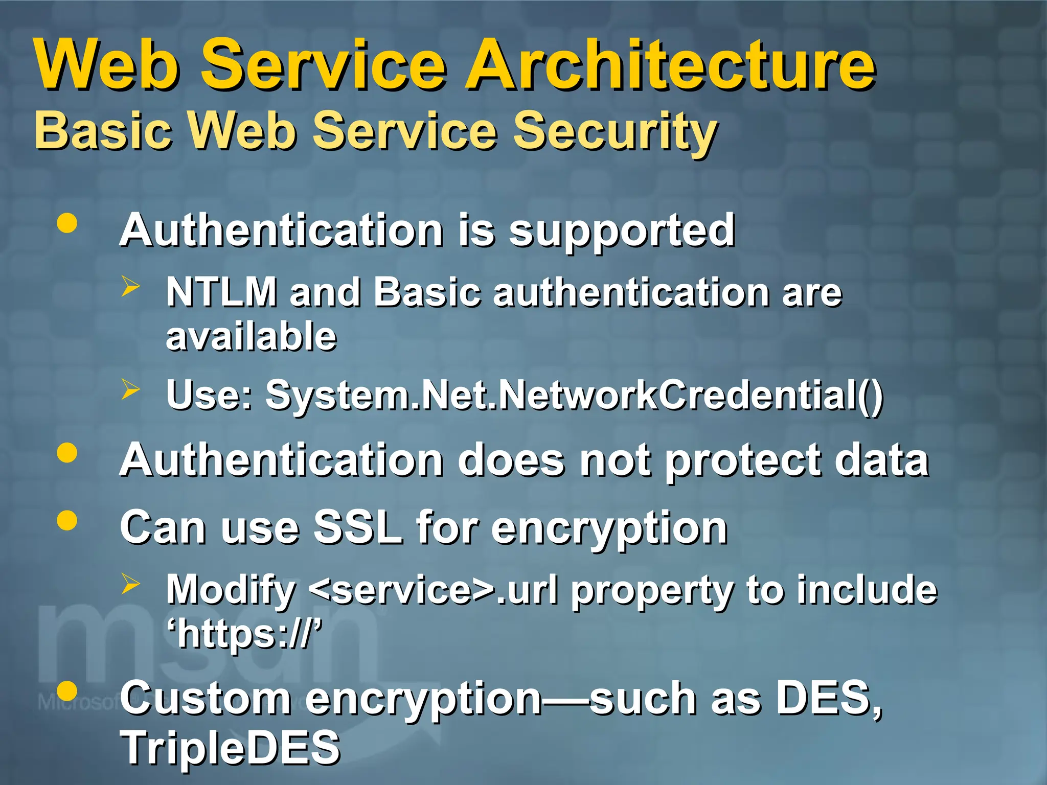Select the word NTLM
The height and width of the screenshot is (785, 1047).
point(221,292)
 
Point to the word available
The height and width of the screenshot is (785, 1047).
point(252,336)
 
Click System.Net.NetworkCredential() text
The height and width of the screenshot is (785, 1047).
point(574,395)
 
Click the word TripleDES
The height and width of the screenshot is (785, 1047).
point(230,747)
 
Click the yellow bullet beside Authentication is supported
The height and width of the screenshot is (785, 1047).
point(67,223)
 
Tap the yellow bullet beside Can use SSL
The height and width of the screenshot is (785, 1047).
point(67,521)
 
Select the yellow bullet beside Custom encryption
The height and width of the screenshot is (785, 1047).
point(67,691)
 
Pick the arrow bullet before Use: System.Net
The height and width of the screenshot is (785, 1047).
point(130,390)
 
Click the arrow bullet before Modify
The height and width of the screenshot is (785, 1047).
point(130,584)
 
